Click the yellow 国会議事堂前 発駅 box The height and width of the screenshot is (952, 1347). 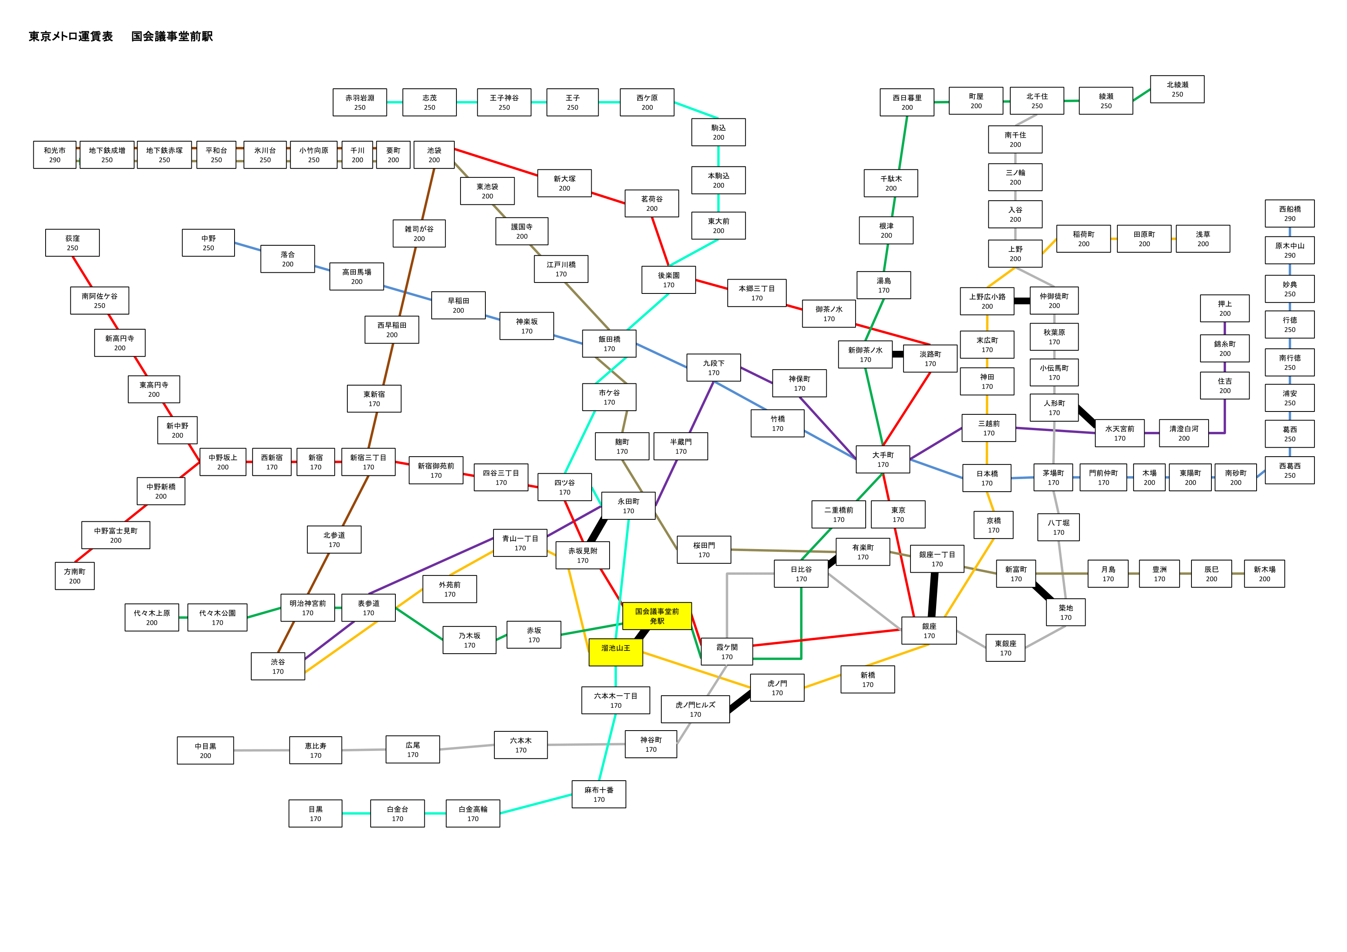pos(657,616)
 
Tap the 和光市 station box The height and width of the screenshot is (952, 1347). pos(55,155)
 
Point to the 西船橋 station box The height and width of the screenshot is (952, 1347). pos(1290,214)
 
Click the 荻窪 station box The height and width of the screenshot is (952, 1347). pos(72,243)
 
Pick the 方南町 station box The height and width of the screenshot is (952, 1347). pos(75,576)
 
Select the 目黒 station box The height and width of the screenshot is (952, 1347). pos(315,814)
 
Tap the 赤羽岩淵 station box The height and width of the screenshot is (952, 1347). pos(360,103)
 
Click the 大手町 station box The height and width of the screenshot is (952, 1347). pos(883,459)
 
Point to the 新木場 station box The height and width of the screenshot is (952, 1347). pos(1264,573)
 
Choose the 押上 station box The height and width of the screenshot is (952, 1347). pos(1225,309)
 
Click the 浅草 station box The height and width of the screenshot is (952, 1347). pos(1203,239)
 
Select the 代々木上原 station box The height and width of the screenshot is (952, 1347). pos(152,618)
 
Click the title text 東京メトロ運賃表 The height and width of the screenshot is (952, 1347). pos(70,36)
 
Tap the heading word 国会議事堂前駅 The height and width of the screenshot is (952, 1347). pos(172,36)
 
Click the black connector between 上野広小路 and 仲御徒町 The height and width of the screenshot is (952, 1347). pos(1022,301)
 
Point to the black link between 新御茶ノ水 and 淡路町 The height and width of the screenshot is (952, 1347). pos(897,354)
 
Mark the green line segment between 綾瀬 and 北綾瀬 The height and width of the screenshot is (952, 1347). pos(1142,95)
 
